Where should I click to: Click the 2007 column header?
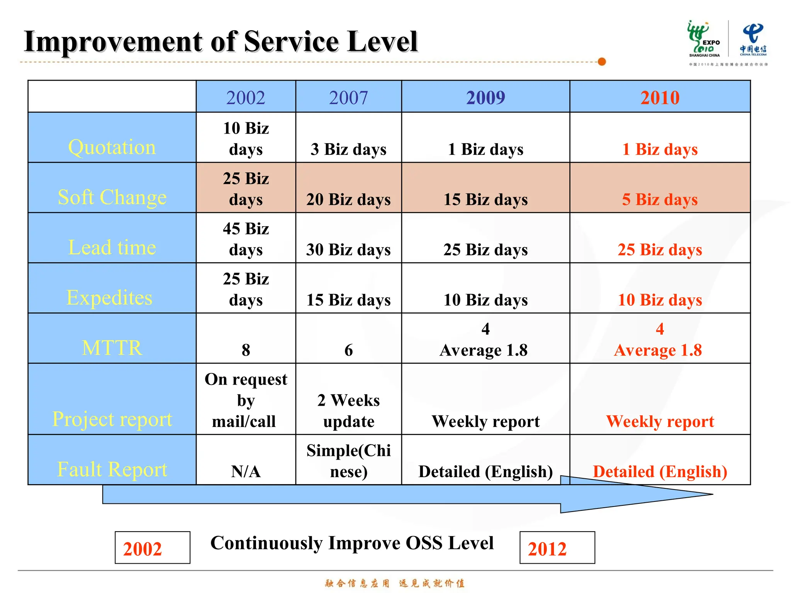(x=348, y=97)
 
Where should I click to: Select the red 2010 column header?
(x=660, y=97)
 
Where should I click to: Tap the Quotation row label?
(x=112, y=147)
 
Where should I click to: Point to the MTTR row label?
(x=112, y=347)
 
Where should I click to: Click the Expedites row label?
(x=110, y=297)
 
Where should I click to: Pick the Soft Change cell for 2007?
(x=348, y=200)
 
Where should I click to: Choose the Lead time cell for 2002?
(x=246, y=239)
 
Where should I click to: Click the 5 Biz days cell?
(x=660, y=200)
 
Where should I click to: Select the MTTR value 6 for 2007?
(x=348, y=350)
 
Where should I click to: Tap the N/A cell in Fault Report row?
(x=246, y=471)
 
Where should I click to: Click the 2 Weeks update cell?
(x=348, y=411)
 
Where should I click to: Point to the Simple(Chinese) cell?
(x=348, y=461)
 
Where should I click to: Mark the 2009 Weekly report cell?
(x=485, y=421)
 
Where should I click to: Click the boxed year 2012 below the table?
(x=557, y=548)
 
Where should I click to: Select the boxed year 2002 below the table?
(x=152, y=548)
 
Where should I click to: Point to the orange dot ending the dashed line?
(x=602, y=62)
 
